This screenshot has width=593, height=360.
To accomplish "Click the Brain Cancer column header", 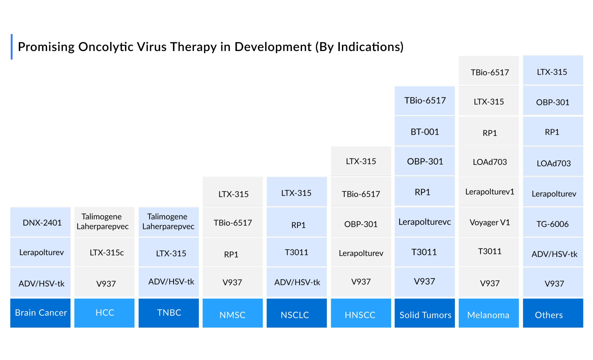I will point(40,313).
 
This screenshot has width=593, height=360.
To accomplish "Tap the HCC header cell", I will point(105,313).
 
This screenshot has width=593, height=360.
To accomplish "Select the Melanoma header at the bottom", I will point(488,314).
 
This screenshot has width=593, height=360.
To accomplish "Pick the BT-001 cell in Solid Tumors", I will point(424,131).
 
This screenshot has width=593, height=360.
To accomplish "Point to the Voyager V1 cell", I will point(489,222).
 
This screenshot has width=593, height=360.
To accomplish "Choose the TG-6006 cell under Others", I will point(552,224).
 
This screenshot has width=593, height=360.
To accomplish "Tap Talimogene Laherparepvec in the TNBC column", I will point(168,222).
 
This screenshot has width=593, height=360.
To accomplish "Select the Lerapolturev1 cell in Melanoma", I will point(489,192).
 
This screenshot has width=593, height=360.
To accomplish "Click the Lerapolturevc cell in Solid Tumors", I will point(424,222).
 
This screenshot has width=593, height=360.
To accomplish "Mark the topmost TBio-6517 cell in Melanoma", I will point(489,72).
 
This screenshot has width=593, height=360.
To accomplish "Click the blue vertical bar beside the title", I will point(12,47).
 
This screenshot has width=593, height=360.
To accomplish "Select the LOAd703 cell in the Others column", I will point(553,163).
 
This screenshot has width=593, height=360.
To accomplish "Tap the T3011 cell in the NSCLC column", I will point(296,252).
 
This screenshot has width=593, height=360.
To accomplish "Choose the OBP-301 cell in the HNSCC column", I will point(360,224).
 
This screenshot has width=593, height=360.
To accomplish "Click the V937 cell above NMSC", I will point(232,282).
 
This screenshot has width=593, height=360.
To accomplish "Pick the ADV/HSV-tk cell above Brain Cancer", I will point(41,283).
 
